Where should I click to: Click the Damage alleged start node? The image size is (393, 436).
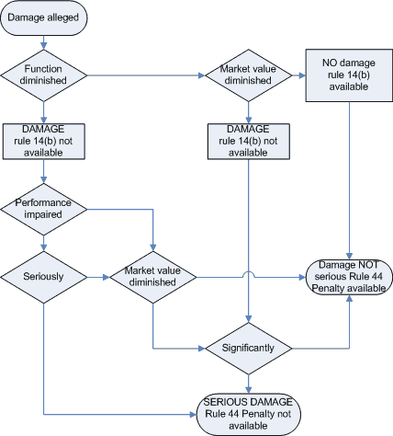click(x=44, y=17)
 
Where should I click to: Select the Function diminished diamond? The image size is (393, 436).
click(x=44, y=75)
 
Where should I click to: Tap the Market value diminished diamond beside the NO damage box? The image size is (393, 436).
click(x=249, y=75)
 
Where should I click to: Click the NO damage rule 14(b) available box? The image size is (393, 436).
click(x=349, y=75)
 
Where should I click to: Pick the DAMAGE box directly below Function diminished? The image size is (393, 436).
click(x=44, y=142)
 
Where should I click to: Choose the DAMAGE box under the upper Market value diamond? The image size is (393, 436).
click(x=249, y=142)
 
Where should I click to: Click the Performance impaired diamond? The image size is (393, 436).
click(x=44, y=210)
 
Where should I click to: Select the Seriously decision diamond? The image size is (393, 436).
click(x=44, y=278)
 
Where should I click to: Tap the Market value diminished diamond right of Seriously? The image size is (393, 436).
click(x=153, y=278)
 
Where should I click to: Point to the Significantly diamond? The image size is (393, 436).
click(x=249, y=349)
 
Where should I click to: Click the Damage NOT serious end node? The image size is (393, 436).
click(x=349, y=277)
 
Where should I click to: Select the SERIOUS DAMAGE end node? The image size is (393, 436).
click(x=249, y=415)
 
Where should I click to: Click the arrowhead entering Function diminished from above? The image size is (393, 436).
click(x=44, y=46)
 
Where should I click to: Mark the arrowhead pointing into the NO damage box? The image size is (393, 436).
click(x=302, y=75)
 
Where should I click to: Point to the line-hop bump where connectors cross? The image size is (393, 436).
click(x=249, y=274)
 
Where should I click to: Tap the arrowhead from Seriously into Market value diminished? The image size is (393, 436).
click(x=107, y=278)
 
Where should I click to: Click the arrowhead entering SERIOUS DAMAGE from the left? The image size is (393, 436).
click(x=193, y=415)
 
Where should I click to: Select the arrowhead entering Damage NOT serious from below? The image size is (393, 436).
click(x=349, y=299)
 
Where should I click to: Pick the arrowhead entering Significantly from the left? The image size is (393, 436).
click(x=202, y=349)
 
